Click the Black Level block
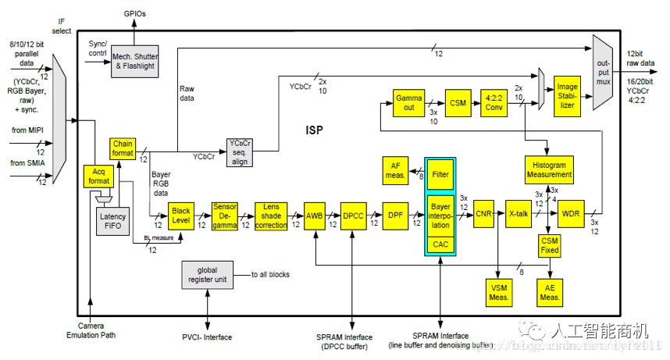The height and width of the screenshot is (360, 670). coord(180,215)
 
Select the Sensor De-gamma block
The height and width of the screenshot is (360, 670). coord(225,215)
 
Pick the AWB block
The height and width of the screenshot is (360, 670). coord(315,215)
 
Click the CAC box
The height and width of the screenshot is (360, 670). coord(441,244)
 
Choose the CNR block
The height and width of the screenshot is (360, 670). coord(484,212)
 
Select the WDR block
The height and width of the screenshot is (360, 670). coord(571,212)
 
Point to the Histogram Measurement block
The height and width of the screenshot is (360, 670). coord(550,170)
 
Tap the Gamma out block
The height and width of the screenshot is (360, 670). coord(408,102)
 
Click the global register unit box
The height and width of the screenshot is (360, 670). coord(206,276)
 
